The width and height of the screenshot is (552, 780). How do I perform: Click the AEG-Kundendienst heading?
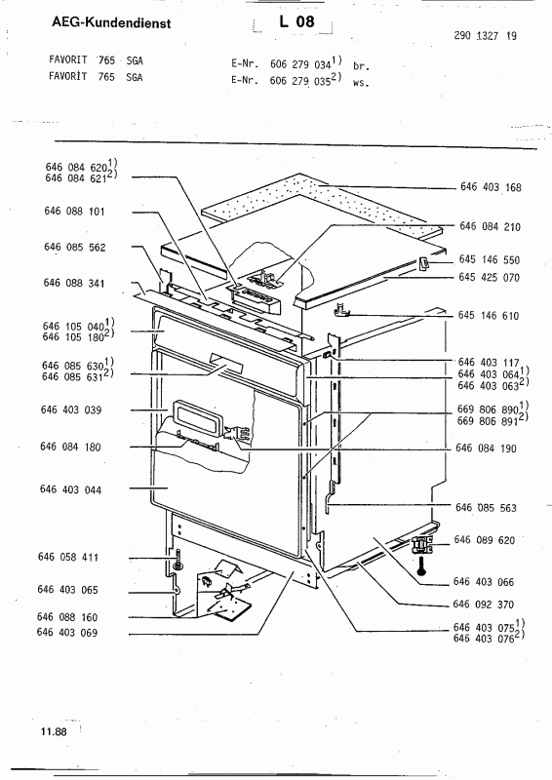111,22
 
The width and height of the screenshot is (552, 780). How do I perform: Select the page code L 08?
296,21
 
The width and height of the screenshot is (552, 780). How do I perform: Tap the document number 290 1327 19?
486,35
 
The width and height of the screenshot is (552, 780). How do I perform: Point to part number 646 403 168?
491,187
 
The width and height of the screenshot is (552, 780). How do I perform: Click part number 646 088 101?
75,212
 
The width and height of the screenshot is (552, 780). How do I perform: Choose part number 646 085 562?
75,248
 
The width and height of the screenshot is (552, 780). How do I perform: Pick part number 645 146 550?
490,259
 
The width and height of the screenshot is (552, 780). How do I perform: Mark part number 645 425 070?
490,277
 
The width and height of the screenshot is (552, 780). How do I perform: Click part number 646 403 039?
71,409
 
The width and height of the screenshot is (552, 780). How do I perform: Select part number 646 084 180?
70,447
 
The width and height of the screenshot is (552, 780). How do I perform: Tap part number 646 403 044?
70,489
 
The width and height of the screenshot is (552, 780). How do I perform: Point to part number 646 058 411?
68,557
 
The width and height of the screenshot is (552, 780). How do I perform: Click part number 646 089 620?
485,540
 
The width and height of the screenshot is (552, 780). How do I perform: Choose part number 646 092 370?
484,604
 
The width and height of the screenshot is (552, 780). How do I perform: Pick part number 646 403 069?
67,633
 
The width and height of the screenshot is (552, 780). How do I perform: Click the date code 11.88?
54,732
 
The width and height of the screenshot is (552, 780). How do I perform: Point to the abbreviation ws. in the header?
361,84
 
